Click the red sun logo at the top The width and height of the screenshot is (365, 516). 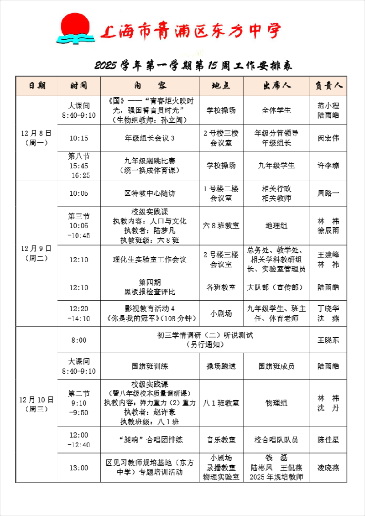(74, 28)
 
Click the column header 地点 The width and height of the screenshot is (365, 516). (221, 86)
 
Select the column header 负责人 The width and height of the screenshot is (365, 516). (328, 86)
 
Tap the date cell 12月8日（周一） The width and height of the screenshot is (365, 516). (36, 138)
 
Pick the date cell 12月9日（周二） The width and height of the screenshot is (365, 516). (36, 253)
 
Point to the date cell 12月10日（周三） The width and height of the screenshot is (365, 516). (36, 404)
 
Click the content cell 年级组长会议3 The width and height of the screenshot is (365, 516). (150, 138)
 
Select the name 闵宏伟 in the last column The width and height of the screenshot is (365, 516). (328, 138)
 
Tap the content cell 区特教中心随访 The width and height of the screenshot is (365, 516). (150, 193)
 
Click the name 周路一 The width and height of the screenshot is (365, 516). (328, 193)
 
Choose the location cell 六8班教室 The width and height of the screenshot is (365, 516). (221, 225)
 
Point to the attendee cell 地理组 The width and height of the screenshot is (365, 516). (276, 225)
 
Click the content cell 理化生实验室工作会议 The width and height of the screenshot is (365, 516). (150, 260)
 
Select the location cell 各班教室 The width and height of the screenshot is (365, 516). (221, 287)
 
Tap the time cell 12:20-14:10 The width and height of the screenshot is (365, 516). (79, 314)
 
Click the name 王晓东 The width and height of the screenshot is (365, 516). (328, 340)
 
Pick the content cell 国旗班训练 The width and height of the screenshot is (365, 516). (150, 366)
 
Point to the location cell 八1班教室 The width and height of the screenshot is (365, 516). (221, 403)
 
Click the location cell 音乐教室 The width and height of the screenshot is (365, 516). (221, 440)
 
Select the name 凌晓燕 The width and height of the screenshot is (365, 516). (328, 468)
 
